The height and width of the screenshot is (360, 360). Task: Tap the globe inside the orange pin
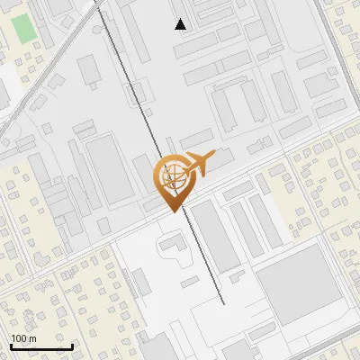(173, 175)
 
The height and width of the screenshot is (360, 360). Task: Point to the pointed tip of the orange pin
(174, 211)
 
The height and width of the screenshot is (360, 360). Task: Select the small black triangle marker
(181, 24)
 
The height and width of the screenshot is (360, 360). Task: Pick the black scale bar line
(41, 346)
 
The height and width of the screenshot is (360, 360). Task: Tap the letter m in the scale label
(32, 338)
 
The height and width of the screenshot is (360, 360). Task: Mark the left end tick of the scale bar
(11, 346)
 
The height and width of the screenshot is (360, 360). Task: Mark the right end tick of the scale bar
(72, 346)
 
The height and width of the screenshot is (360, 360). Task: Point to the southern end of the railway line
(221, 303)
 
